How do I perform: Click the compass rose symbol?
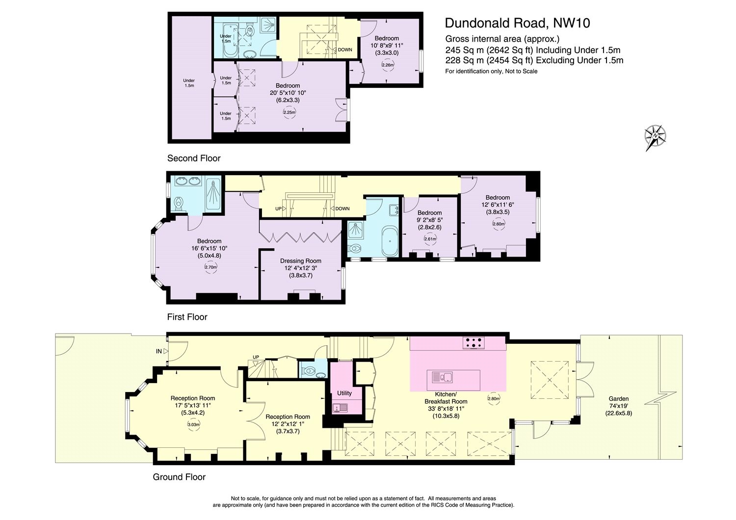[655, 136]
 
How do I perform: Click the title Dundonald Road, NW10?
[517, 23]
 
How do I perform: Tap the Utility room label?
[344, 393]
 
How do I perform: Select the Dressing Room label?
[300, 261]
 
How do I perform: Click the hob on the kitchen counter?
[473, 343]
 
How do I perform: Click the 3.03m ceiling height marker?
[193, 425]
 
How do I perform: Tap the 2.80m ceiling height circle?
[494, 398]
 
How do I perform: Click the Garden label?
[618, 399]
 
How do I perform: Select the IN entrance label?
[158, 351]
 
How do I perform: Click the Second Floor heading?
[194, 158]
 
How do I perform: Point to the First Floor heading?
[187, 317]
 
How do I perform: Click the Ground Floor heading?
[179, 477]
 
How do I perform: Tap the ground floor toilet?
[310, 372]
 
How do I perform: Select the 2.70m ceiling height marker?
[210, 267]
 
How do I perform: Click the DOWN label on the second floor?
[344, 50]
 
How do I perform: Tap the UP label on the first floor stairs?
[278, 208]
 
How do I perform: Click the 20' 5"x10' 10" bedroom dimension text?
[288, 93]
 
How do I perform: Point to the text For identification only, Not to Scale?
[491, 71]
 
